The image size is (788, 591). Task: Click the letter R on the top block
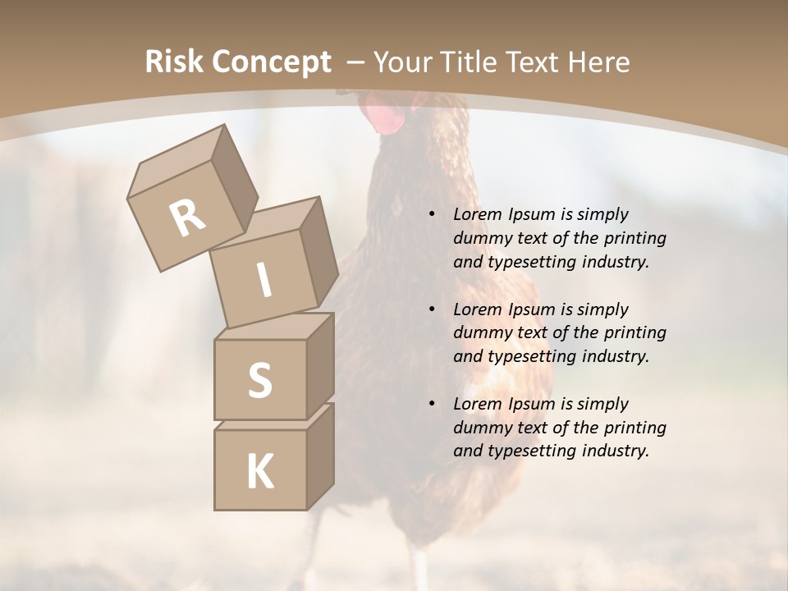pyautogui.click(x=188, y=218)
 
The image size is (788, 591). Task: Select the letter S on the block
pyautogui.click(x=259, y=380)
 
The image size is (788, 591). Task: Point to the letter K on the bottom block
pyautogui.click(x=259, y=472)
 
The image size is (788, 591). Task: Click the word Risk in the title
pyautogui.click(x=175, y=62)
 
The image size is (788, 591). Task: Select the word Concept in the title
pyautogui.click(x=272, y=63)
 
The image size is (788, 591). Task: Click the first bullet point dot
pyautogui.click(x=432, y=214)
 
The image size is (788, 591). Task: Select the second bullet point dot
pyautogui.click(x=432, y=309)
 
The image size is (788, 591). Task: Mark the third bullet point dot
pyautogui.click(x=432, y=404)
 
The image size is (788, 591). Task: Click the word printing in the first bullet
pyautogui.click(x=635, y=239)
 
